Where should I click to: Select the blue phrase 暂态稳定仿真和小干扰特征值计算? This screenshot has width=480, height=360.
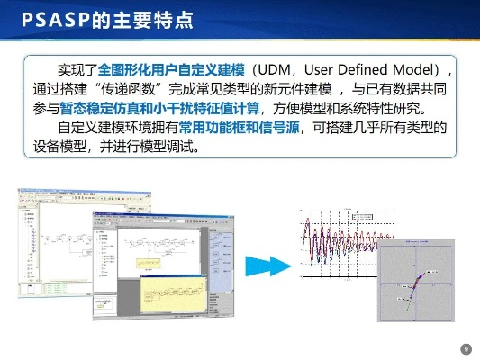pyautogui.click(x=159, y=110)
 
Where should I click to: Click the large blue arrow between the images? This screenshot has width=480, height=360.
pyautogui.click(x=267, y=263)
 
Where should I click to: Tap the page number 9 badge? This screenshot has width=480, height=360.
pyautogui.click(x=466, y=349)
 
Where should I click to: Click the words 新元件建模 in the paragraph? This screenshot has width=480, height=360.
pyautogui.click(x=293, y=90)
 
